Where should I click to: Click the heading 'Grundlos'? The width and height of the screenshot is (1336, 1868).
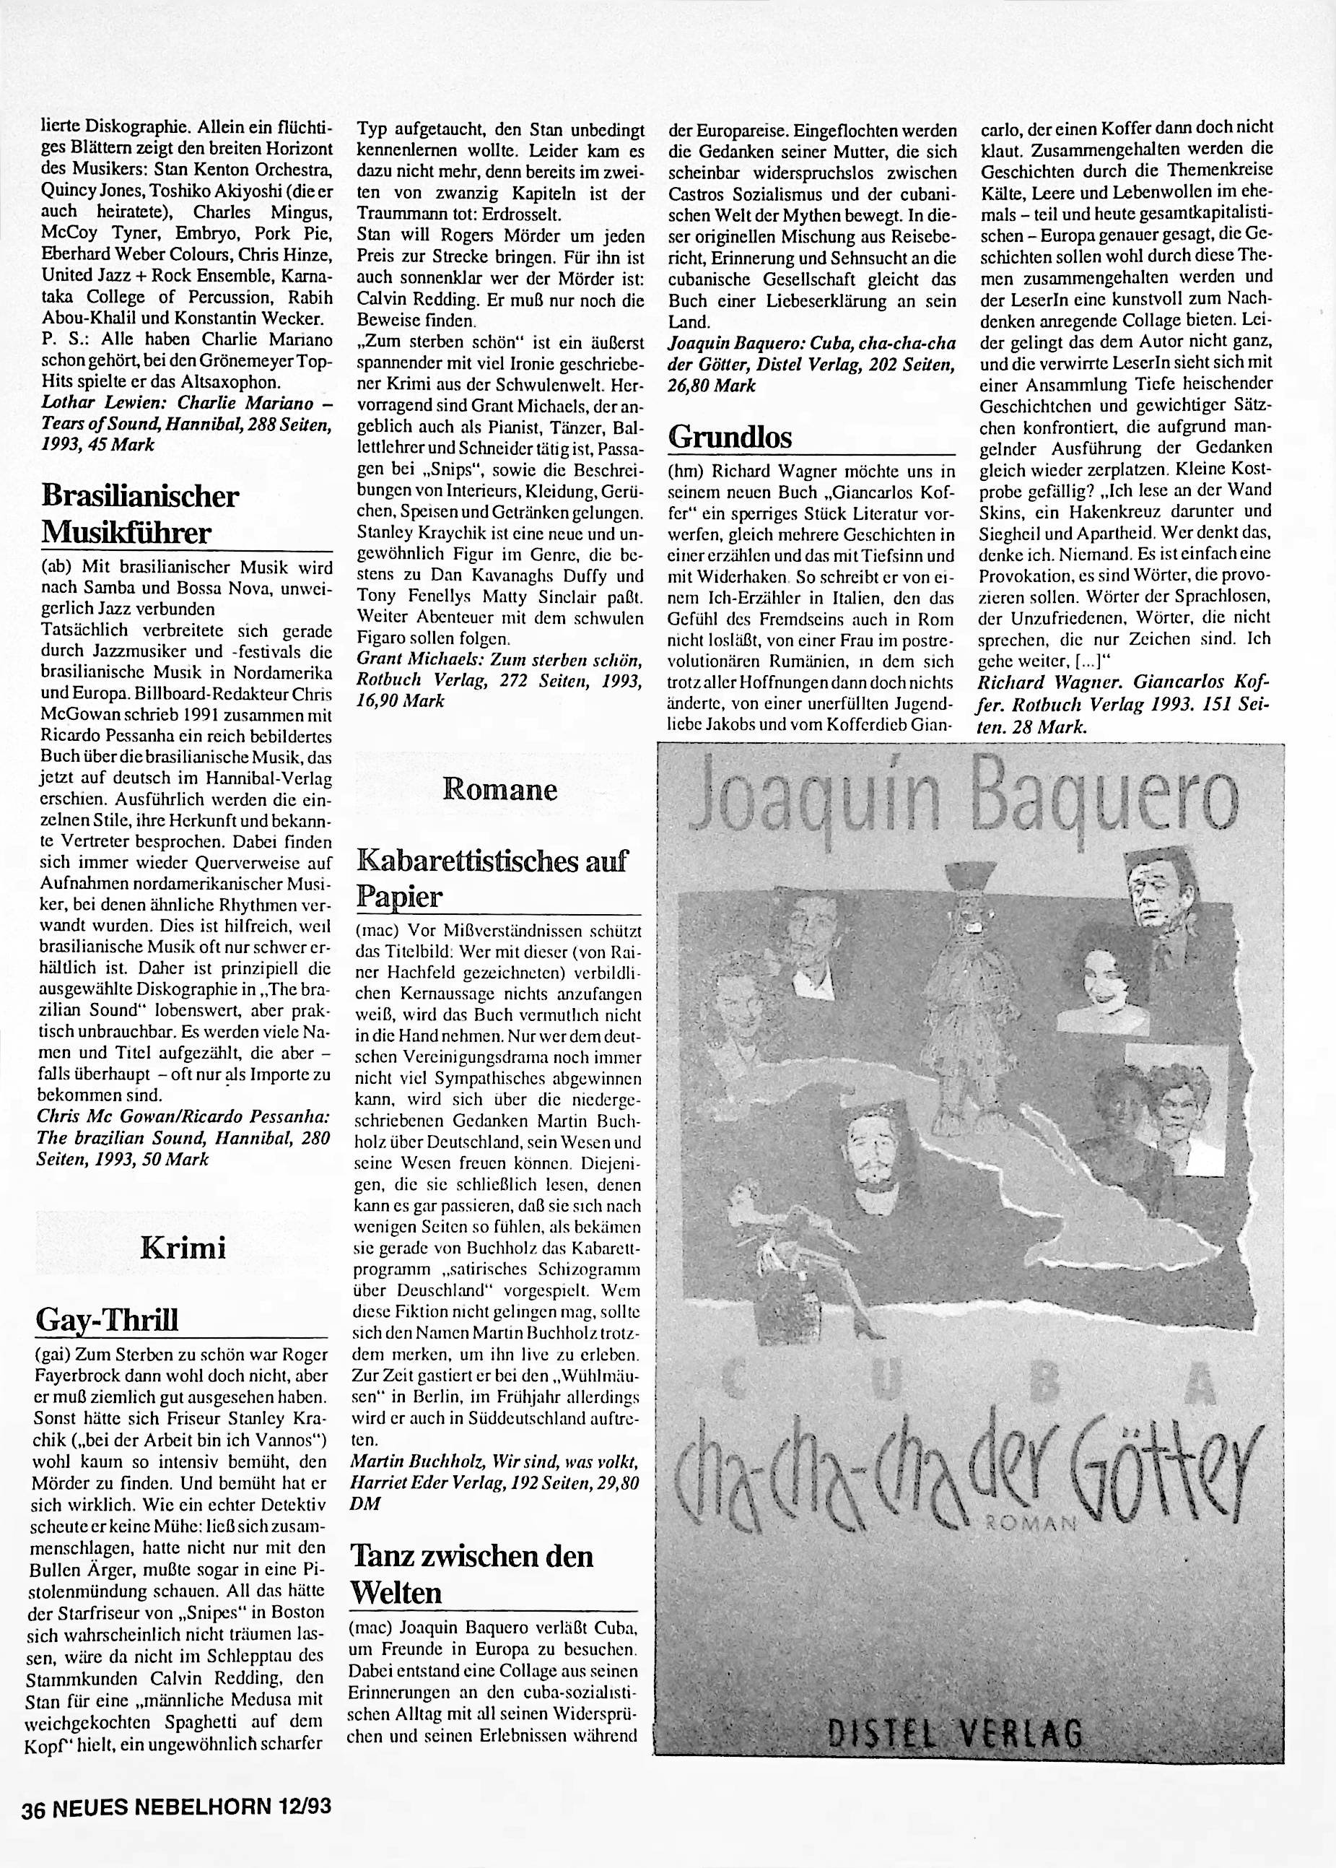730,437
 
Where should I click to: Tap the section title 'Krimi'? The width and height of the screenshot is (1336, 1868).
183,1248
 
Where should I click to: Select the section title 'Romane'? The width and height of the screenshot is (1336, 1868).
499,790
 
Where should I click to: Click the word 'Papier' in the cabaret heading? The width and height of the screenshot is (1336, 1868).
399,896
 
